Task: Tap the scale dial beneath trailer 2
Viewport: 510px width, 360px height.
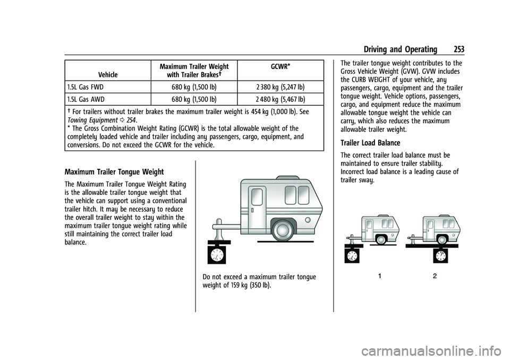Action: tap(440, 255)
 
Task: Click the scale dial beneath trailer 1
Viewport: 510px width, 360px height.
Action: tap(352, 255)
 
